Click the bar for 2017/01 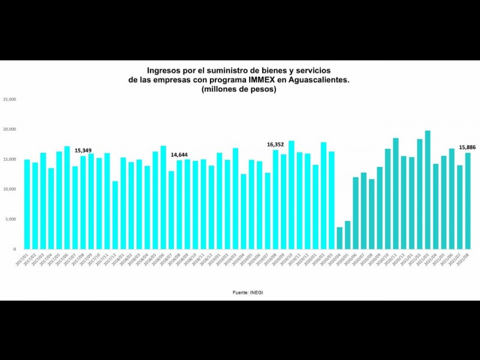[x=27, y=204]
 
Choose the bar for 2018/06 [x=163, y=197]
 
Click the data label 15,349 [x=83, y=151]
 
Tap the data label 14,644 [x=179, y=155]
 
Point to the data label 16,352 [x=275, y=145]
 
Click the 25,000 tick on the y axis [x=9, y=100]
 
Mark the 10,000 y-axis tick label [x=9, y=189]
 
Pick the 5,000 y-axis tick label [x=11, y=219]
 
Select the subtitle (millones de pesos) [x=239, y=89]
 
